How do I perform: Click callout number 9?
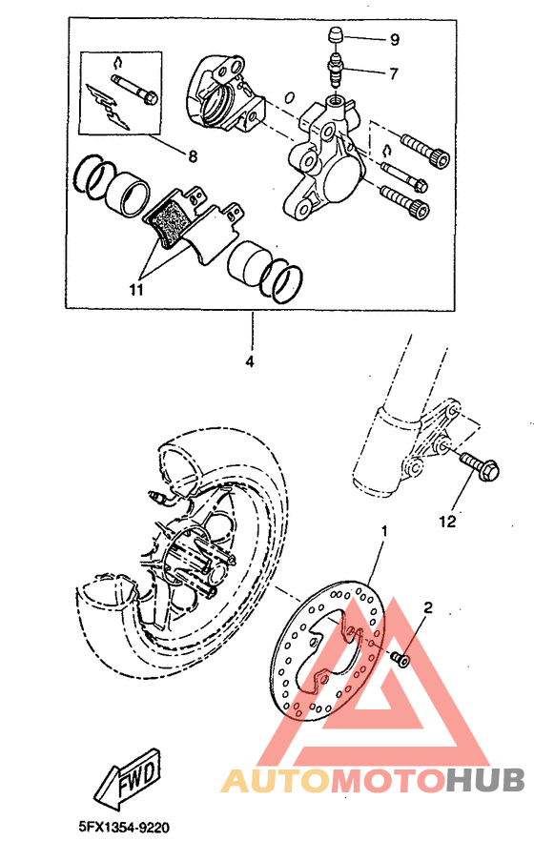point(394,40)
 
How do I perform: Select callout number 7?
point(394,72)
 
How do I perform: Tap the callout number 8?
point(193,154)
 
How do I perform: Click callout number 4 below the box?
point(252,362)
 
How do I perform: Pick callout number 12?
point(447,522)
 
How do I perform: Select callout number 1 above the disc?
point(385,529)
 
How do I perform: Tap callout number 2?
point(428,606)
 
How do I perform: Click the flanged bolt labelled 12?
point(473,467)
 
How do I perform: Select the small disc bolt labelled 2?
point(400,657)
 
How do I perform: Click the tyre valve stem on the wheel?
point(160,497)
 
